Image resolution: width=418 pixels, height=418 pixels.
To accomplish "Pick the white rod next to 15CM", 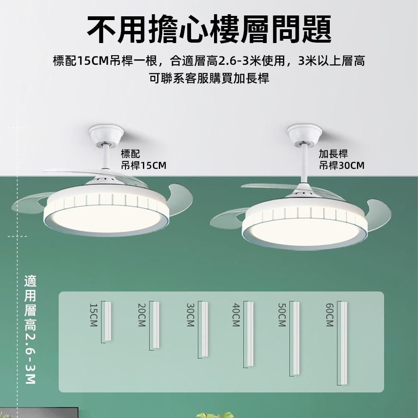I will [x=108, y=321].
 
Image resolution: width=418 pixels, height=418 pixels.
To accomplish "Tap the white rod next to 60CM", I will [x=344, y=343].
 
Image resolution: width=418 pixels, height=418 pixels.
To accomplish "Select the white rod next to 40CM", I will [x=250, y=334].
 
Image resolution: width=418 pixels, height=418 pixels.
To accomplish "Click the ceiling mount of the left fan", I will [x=106, y=134].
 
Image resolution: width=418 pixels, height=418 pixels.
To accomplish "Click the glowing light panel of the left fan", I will [x=106, y=218].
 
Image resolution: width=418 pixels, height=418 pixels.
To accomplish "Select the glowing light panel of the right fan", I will [x=305, y=231].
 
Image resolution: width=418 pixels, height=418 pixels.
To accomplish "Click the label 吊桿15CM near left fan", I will [x=143, y=166].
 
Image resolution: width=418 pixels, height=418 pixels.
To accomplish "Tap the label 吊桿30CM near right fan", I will [x=342, y=166].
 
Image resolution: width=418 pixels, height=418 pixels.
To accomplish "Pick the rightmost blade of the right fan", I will [x=378, y=213].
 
